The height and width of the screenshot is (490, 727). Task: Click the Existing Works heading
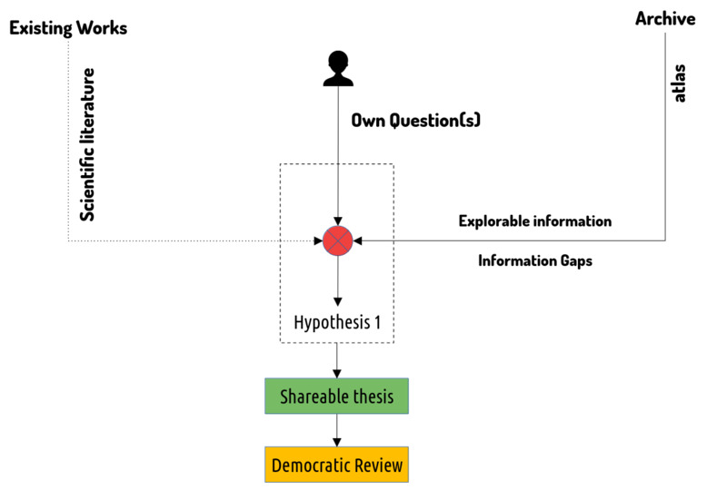tap(68, 28)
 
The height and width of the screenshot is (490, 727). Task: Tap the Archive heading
tap(665, 18)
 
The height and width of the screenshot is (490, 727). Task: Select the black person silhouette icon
tap(338, 69)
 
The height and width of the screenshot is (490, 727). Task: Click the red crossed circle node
tap(337, 240)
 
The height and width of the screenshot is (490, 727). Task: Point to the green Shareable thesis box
tap(336, 396)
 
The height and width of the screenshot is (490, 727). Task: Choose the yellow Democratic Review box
tap(336, 465)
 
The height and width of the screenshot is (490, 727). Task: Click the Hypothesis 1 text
tap(337, 323)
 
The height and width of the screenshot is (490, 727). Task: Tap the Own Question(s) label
tap(416, 121)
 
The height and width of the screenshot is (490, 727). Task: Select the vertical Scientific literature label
tap(87, 144)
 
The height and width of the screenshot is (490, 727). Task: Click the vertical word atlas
tap(679, 83)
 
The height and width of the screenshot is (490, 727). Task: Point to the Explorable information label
tap(535, 221)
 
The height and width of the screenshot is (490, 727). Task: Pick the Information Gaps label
tap(535, 260)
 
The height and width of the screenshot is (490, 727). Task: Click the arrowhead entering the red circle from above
tap(338, 221)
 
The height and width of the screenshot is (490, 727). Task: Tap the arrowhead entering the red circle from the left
tap(318, 240)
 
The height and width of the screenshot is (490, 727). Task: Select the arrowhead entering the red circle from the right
tap(357, 240)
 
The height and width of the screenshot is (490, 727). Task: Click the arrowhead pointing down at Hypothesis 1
tap(338, 301)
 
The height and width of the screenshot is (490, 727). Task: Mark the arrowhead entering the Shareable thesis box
tap(337, 374)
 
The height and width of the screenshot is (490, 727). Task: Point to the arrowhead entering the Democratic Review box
tap(337, 442)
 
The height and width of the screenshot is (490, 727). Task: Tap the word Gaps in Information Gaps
tap(576, 261)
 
